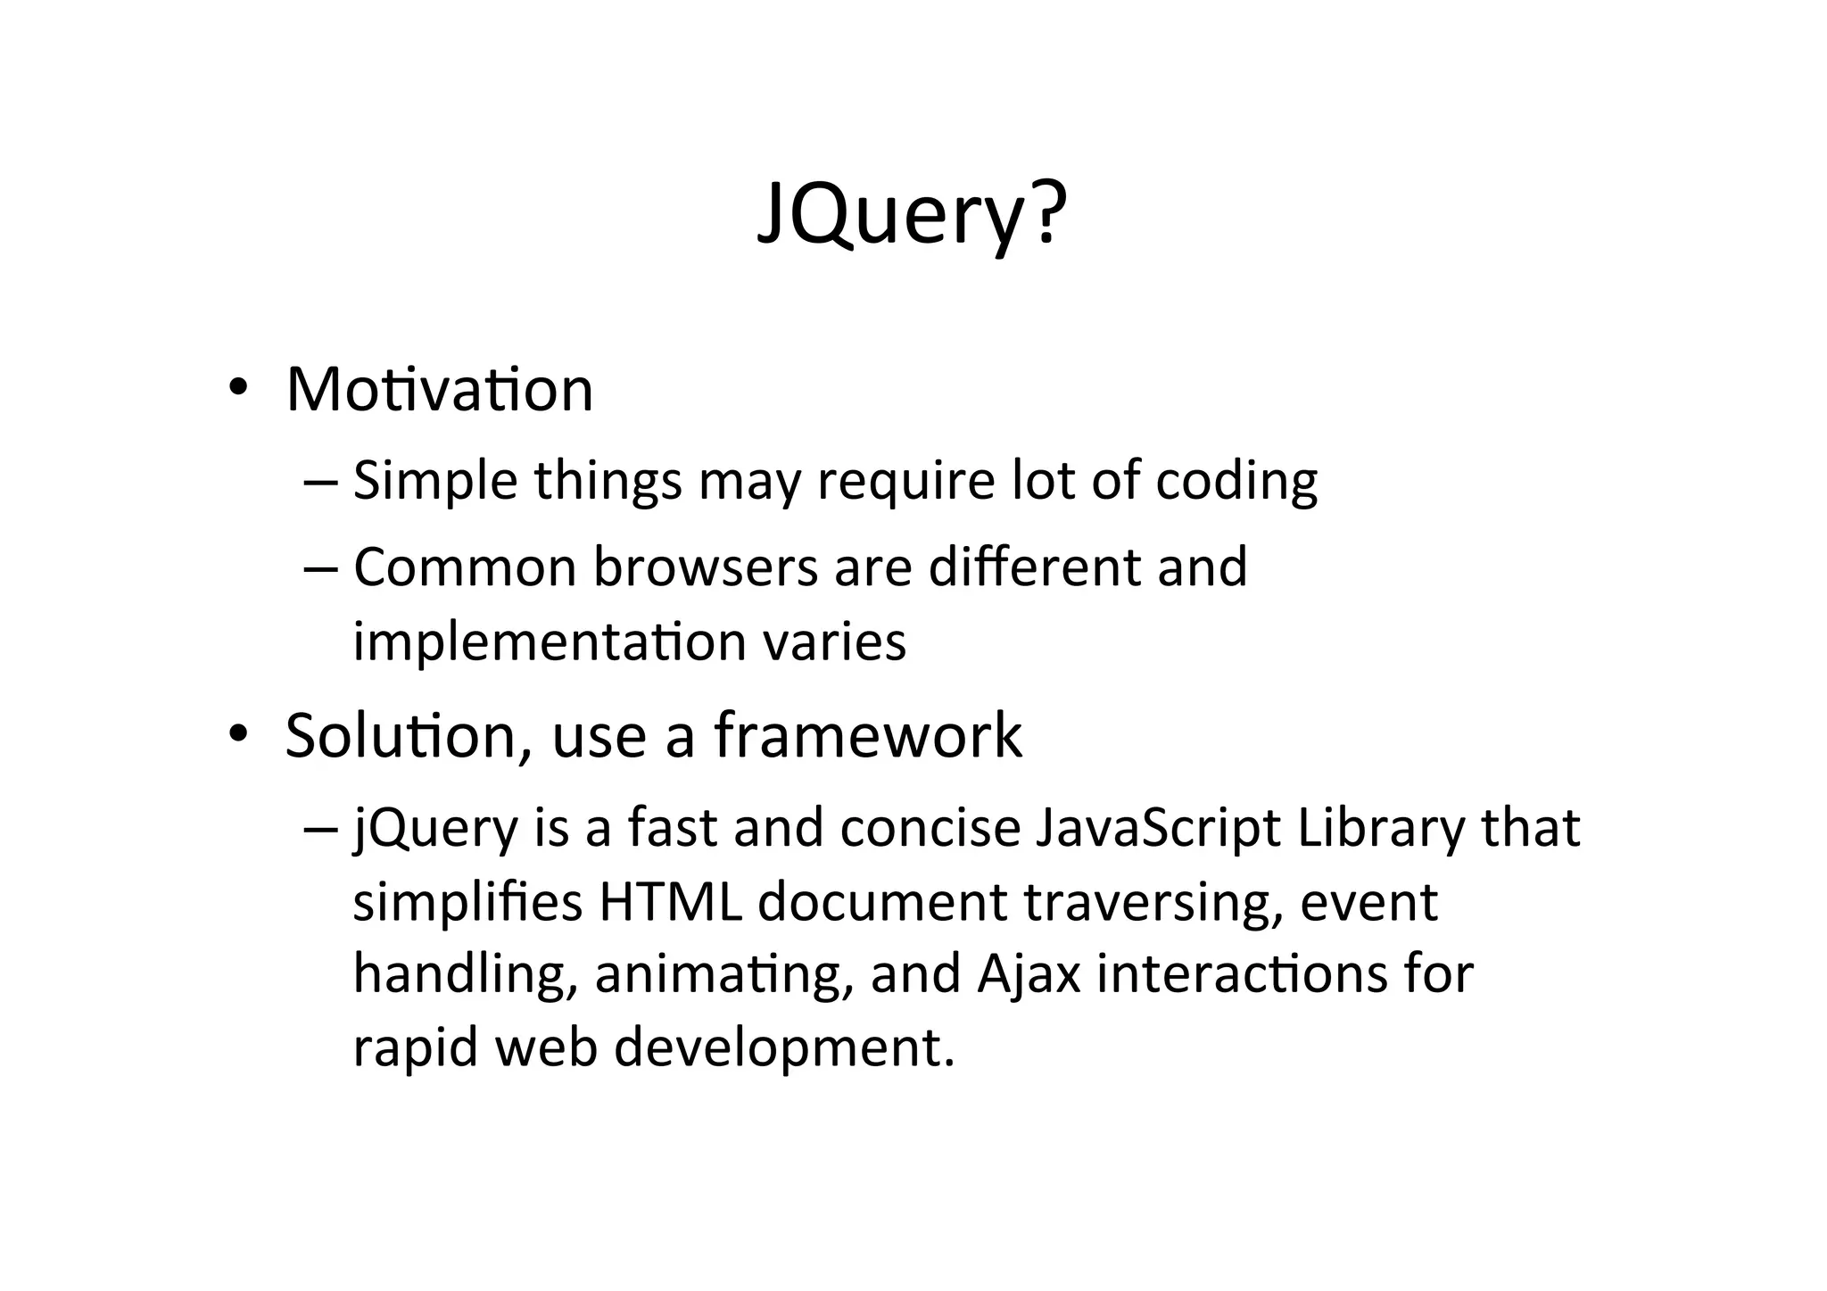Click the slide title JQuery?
click(911, 215)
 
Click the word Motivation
click(439, 390)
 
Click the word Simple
click(434, 482)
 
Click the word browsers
click(705, 567)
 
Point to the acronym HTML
click(670, 902)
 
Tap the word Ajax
click(1029, 974)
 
